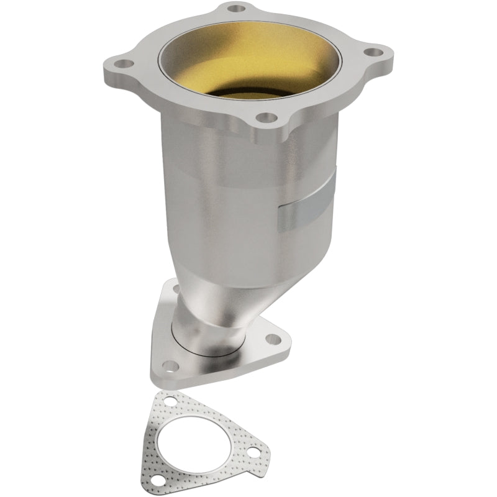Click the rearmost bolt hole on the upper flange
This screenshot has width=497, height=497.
pos(235,9)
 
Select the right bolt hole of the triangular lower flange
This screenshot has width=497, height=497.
pos(271,339)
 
